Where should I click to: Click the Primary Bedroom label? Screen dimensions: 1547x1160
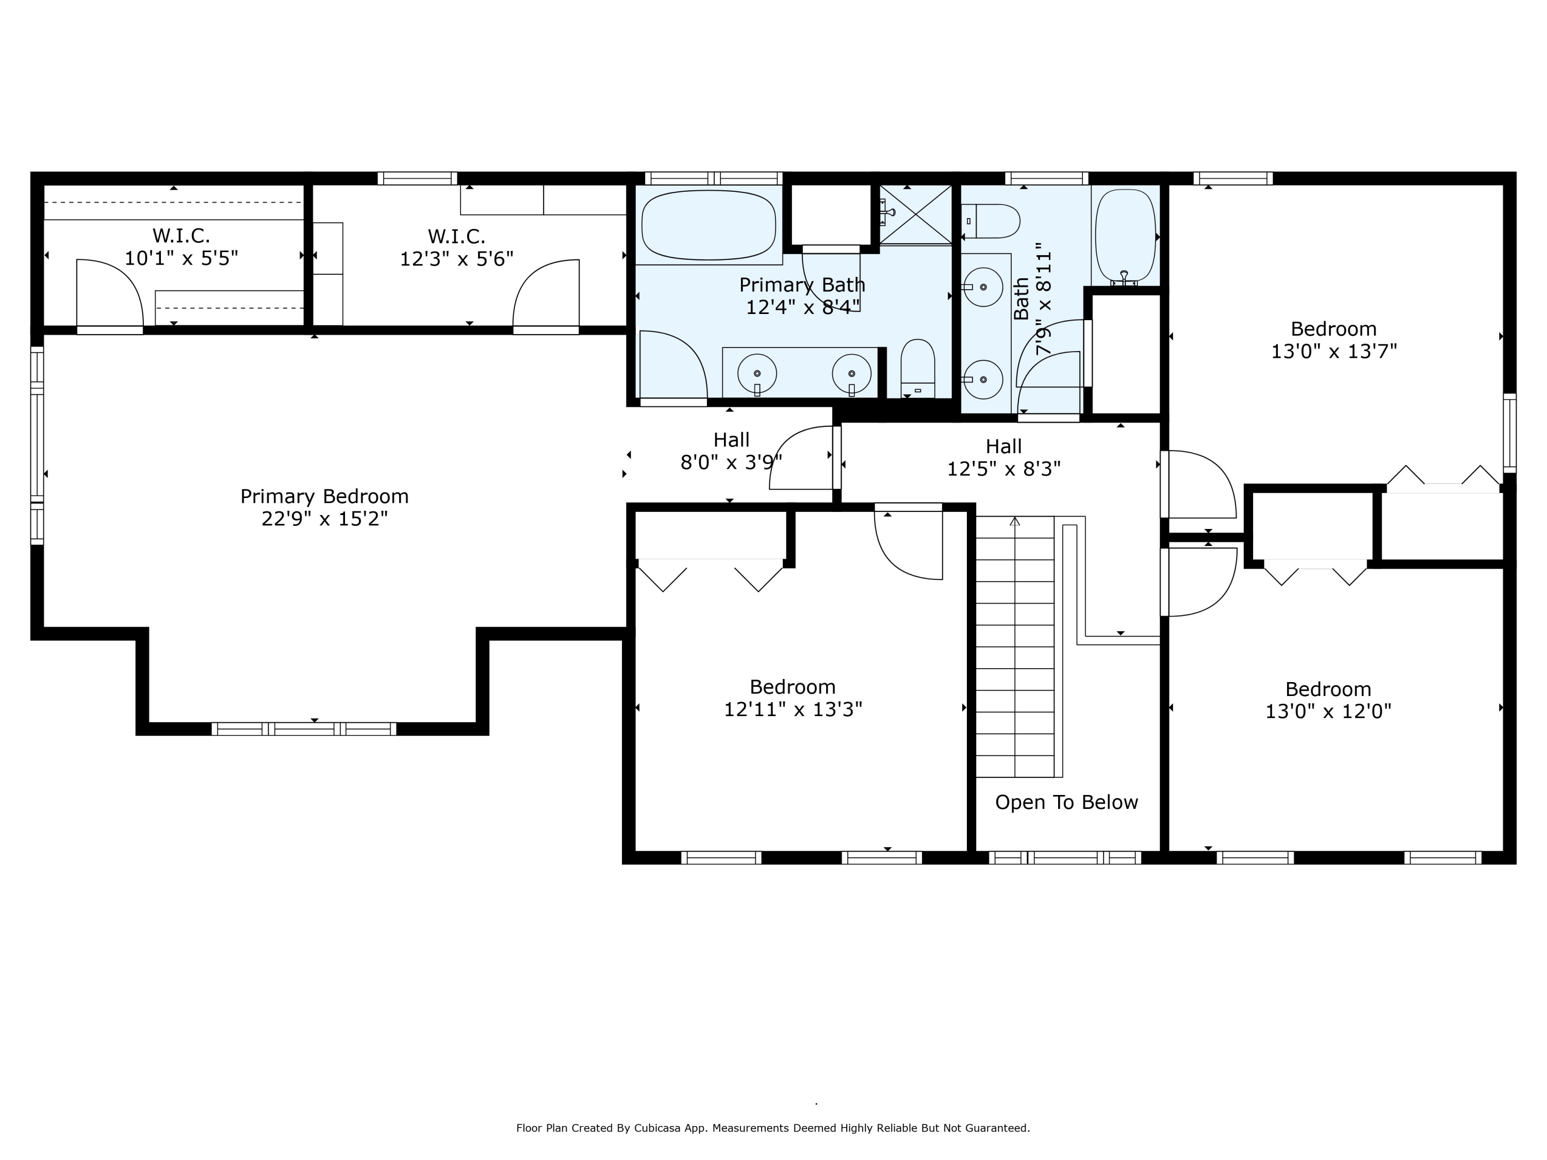tap(324, 496)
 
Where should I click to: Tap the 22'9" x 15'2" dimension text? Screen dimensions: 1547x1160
tap(324, 519)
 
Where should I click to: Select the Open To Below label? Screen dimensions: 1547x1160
tap(1066, 802)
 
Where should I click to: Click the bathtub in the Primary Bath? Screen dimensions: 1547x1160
tap(709, 224)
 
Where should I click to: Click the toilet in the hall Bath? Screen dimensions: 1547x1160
tap(990, 221)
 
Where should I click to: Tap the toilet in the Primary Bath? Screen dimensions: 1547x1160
tap(917, 369)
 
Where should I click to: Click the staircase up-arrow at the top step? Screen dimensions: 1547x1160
tap(1015, 521)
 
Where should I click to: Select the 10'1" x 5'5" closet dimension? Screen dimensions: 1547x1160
tap(181, 258)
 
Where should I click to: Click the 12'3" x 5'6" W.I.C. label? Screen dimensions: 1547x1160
tap(457, 247)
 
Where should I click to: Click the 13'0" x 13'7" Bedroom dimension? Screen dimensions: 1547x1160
tap(1334, 351)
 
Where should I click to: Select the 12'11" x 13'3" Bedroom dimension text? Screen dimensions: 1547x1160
tap(793, 709)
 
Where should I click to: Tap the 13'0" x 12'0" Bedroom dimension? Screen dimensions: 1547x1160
tap(1328, 711)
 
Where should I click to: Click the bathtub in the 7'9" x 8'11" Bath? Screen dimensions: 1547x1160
tap(1125, 236)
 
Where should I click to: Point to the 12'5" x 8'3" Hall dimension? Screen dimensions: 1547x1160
tap(1003, 469)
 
